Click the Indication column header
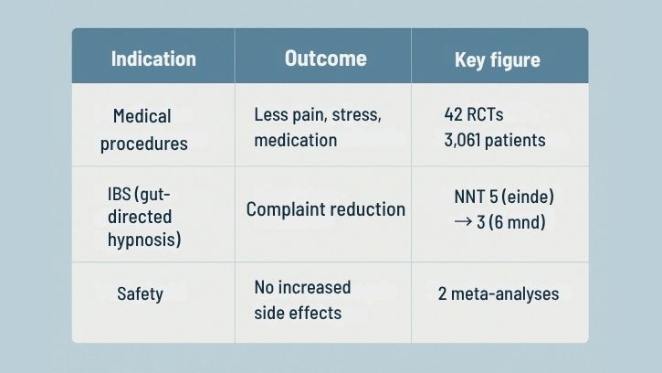click(153, 59)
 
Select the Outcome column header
click(325, 59)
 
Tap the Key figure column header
click(497, 61)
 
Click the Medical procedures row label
click(143, 130)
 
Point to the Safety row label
click(140, 293)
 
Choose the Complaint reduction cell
click(325, 209)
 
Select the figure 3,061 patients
click(494, 140)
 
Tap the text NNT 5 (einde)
click(503, 197)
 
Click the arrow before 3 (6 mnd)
click(463, 221)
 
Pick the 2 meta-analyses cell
click(498, 294)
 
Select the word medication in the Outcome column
click(295, 140)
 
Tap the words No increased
click(301, 287)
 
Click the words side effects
click(298, 312)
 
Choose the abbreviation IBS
click(121, 196)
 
